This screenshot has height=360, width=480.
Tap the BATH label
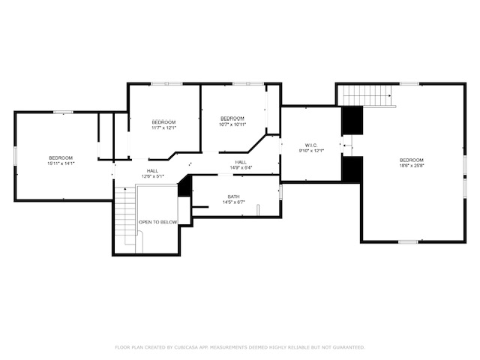pos(234,196)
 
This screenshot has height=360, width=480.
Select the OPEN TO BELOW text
pos(158,222)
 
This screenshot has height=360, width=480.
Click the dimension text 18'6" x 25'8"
pos(412,166)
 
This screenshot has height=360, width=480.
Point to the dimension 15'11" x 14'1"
pos(61,163)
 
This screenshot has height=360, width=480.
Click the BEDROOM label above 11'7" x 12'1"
pos(163,122)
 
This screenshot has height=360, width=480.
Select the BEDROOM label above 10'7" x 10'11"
pos(232,118)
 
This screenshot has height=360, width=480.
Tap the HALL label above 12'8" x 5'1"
pos(152,171)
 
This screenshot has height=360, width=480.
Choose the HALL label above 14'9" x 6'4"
pos(241,162)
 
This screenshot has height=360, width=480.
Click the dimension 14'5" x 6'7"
pos(234,202)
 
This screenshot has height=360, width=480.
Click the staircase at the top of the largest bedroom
pos(367,95)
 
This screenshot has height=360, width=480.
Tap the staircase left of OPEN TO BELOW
pos(124,218)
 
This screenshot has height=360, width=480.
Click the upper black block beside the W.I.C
pos(352,119)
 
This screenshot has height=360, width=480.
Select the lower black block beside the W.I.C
pos(352,169)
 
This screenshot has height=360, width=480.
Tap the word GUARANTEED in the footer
pos(348,347)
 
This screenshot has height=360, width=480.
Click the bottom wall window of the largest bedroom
pos(408,241)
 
